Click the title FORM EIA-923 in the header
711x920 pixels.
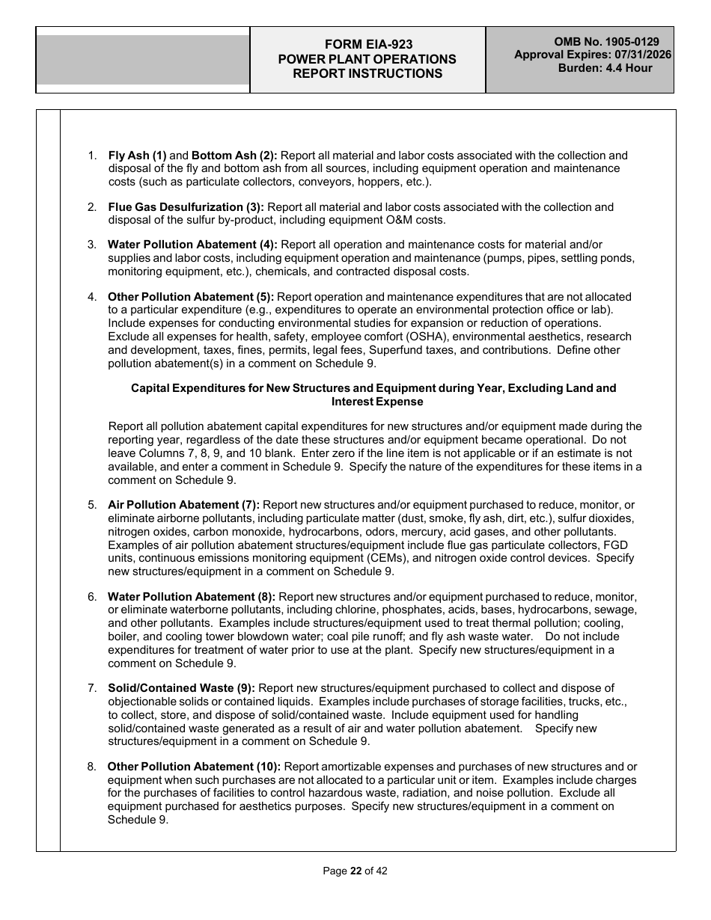pos(367,45)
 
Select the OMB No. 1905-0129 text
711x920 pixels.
pos(606,43)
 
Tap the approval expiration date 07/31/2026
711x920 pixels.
pos(638,55)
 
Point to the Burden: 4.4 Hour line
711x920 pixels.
pos(605,68)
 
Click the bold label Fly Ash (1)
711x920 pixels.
pos(138,156)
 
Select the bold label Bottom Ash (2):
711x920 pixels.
pos(234,156)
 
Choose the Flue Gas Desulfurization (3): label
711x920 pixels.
pos(186,207)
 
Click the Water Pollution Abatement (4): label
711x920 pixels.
pos(192,245)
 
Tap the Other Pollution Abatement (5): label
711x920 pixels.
pos(191,297)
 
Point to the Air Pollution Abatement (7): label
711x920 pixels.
pos(183,505)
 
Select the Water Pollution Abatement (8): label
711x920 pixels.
pos(192,597)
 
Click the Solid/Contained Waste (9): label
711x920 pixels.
pos(181,688)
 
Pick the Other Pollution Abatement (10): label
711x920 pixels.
pos(194,767)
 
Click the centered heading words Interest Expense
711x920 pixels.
pos(373,402)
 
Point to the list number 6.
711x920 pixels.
pos(92,597)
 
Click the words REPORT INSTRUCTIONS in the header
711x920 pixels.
pos(367,73)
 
